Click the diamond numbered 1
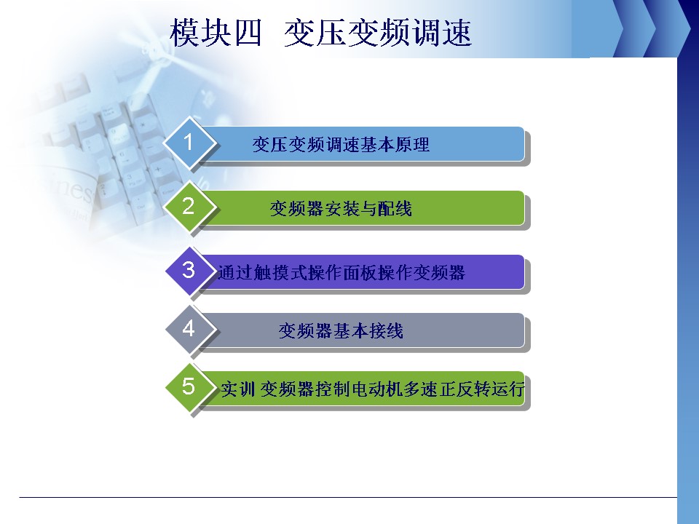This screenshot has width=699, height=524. click(x=190, y=143)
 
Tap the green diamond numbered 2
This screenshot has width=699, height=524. click(x=190, y=207)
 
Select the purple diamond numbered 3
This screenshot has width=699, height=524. click(x=190, y=271)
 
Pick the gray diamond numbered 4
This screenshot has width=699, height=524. click(x=190, y=329)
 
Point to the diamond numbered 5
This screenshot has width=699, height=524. click(x=190, y=387)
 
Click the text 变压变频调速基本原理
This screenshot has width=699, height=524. click(x=341, y=144)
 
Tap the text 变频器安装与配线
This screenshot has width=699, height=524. click(x=341, y=209)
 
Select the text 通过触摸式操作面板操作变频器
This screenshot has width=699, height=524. click(x=341, y=273)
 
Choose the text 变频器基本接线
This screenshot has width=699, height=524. click(x=341, y=330)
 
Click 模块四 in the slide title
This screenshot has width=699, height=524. click(x=216, y=33)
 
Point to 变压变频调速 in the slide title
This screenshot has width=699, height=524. click(x=378, y=33)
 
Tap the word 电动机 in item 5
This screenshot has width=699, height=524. click(x=378, y=389)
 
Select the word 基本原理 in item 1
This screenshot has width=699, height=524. click(x=395, y=144)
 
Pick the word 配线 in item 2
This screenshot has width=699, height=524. click(x=395, y=209)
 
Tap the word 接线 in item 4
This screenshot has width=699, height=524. click(x=386, y=330)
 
